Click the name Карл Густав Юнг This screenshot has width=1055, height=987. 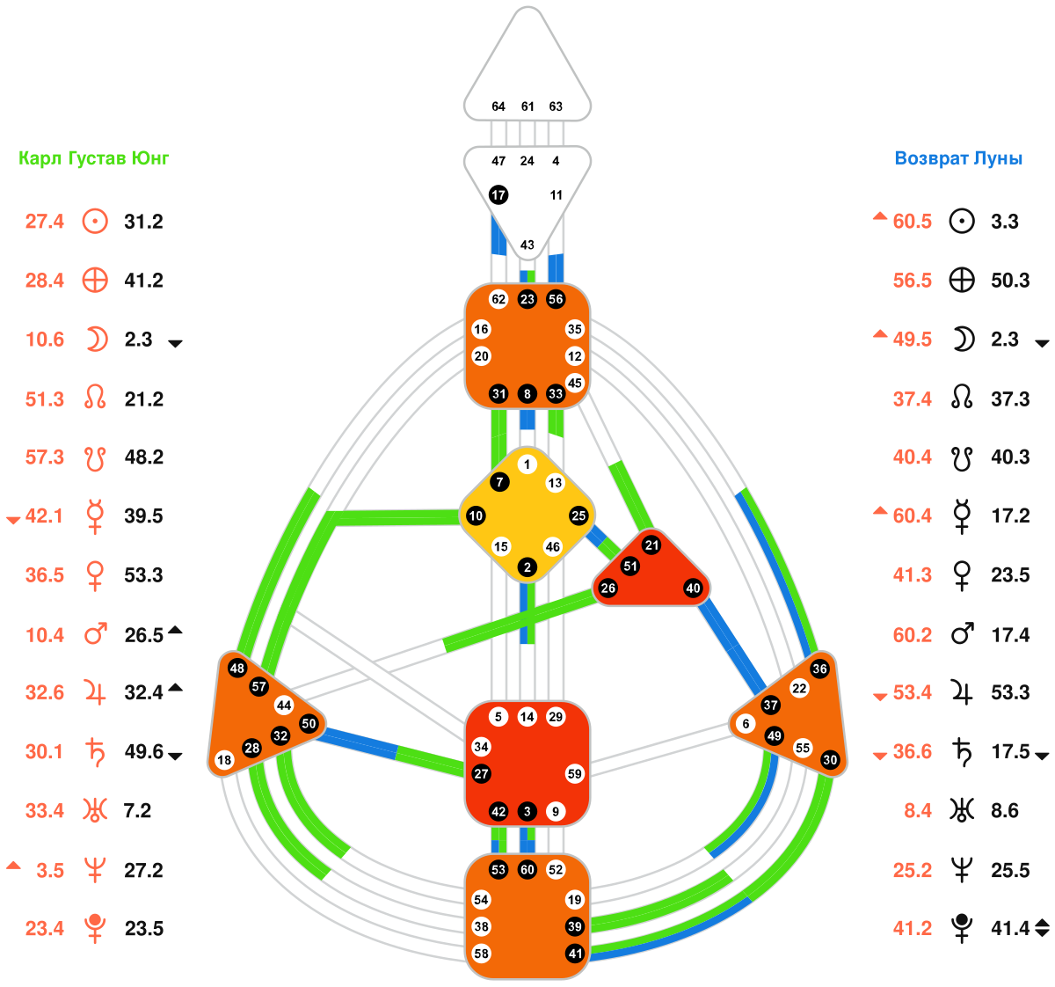pos(94,159)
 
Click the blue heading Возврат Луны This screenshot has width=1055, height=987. pos(958,159)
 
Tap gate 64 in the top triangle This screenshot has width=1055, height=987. pos(498,106)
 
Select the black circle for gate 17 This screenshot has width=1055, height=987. pos(498,194)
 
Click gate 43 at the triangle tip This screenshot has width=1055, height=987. pos(527,245)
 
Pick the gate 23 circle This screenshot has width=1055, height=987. pos(527,299)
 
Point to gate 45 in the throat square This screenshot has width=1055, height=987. pos(575,383)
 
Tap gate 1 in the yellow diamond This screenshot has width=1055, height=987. pos(527,464)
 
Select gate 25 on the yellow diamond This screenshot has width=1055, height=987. pos(578,515)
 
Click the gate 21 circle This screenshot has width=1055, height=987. pos(651,545)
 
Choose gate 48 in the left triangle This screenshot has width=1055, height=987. pos(237,669)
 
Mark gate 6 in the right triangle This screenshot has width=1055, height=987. pos(746,724)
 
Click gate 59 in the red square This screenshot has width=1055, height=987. pos(575,774)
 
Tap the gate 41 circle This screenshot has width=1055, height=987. pos(575,953)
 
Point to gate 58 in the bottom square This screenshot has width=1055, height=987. pos(481,953)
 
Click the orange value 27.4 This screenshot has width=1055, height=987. pos(45,222)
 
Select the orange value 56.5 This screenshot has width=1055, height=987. pos(913,281)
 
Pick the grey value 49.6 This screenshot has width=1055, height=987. pos(144,752)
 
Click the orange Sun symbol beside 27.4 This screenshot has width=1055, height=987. pos(95,221)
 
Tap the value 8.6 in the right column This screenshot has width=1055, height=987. pos(1005,811)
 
